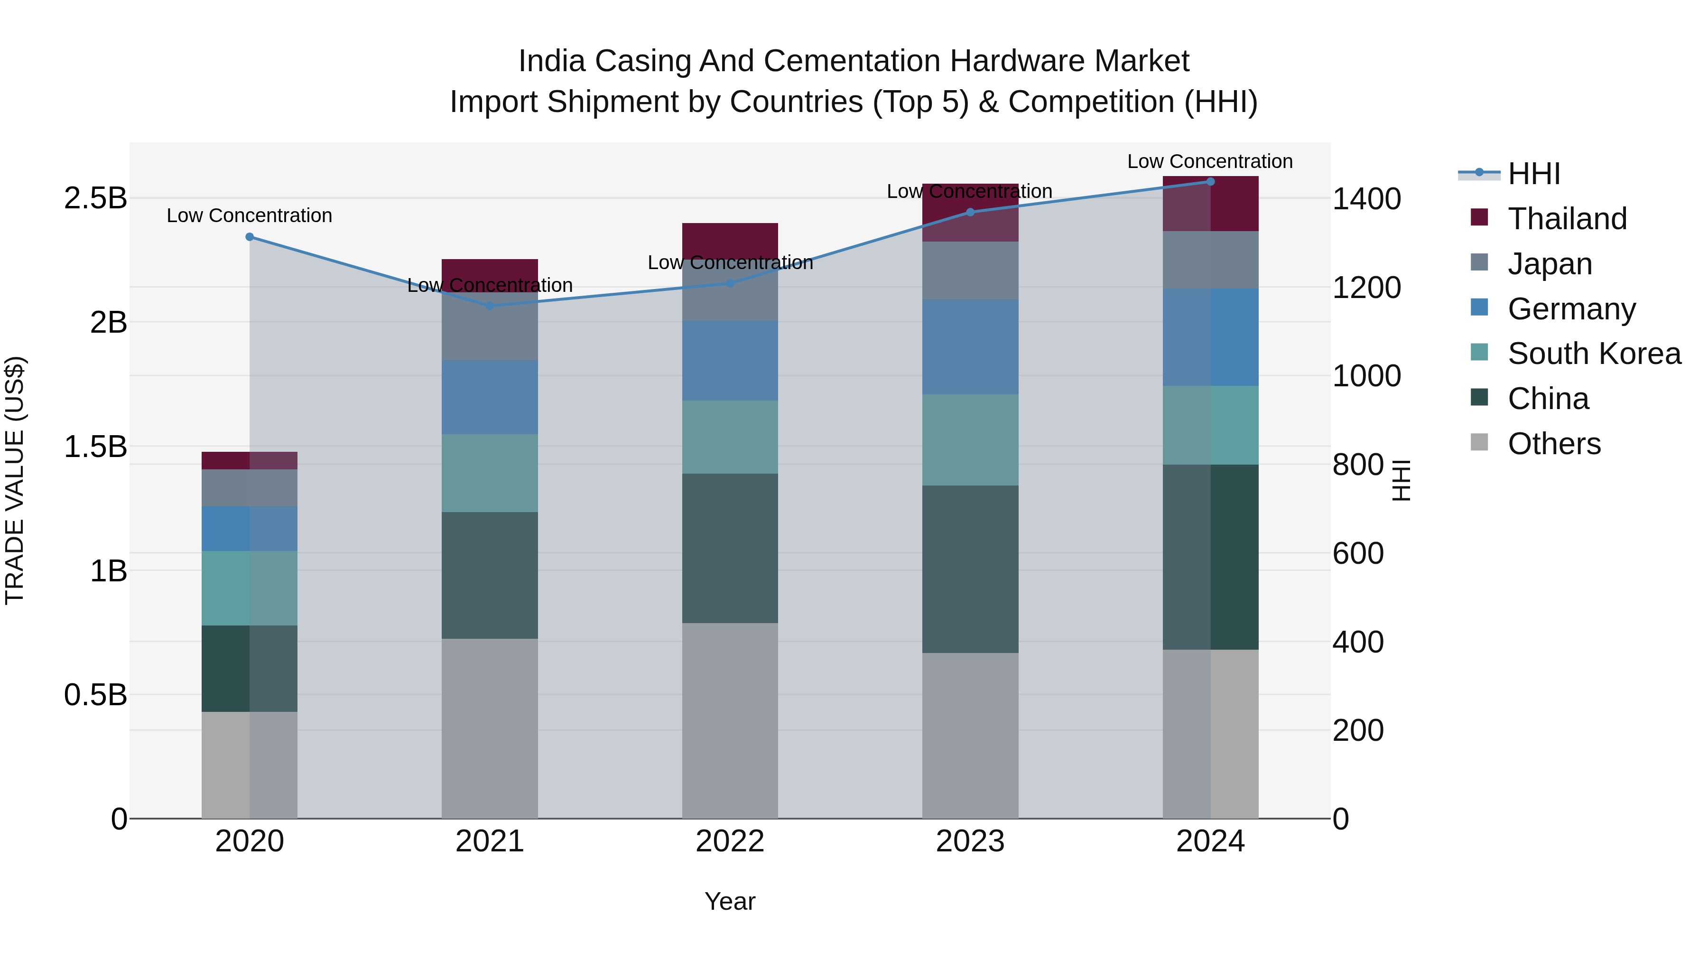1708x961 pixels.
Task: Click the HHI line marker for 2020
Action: [249, 237]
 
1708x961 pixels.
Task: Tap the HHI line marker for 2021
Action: [489, 306]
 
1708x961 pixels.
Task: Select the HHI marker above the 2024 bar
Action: [1210, 181]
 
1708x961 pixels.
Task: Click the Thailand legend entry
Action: [1567, 219]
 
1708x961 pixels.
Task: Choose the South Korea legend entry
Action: [1594, 354]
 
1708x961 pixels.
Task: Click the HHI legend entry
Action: [1533, 174]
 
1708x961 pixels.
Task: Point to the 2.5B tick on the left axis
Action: [95, 198]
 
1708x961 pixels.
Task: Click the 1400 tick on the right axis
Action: [1366, 199]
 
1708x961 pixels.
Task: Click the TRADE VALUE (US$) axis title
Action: [15, 480]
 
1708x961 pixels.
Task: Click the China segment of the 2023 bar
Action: [970, 569]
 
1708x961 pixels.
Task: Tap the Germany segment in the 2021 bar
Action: [489, 397]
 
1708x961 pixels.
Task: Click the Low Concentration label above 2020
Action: [249, 215]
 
